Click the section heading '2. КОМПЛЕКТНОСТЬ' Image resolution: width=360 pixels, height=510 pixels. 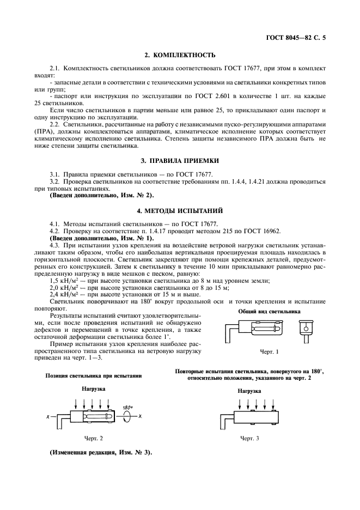coord(180,55)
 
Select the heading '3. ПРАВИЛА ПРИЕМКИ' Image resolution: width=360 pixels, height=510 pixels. coord(180,161)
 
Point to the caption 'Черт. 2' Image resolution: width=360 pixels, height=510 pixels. coord(94,438)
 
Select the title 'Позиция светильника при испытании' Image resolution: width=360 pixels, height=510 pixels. coord(94,375)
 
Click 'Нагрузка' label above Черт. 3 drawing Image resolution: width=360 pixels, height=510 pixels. coord(250,391)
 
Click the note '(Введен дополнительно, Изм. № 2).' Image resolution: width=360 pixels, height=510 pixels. coord(101,195)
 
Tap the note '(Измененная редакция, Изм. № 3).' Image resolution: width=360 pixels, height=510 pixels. coord(101,452)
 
